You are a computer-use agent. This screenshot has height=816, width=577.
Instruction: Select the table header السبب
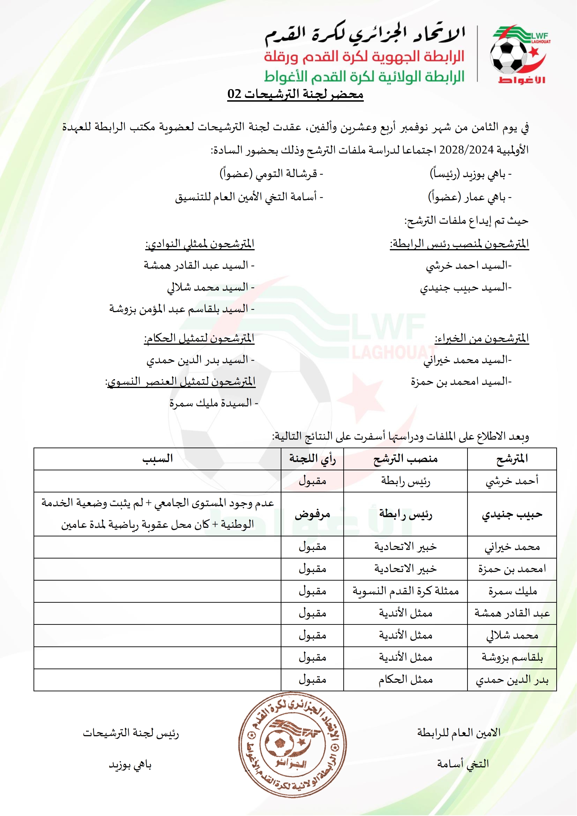coord(158,459)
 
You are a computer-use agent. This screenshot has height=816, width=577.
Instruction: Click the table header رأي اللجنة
coord(312,459)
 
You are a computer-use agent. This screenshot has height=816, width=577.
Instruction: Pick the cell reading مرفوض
coord(312,514)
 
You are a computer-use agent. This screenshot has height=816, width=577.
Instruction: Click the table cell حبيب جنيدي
coord(512,514)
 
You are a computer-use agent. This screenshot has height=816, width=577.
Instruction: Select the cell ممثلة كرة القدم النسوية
coord(405,591)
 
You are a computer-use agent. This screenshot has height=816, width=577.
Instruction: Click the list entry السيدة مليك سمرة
coord(213,403)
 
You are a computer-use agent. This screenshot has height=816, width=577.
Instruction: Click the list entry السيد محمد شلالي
coord(210,288)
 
